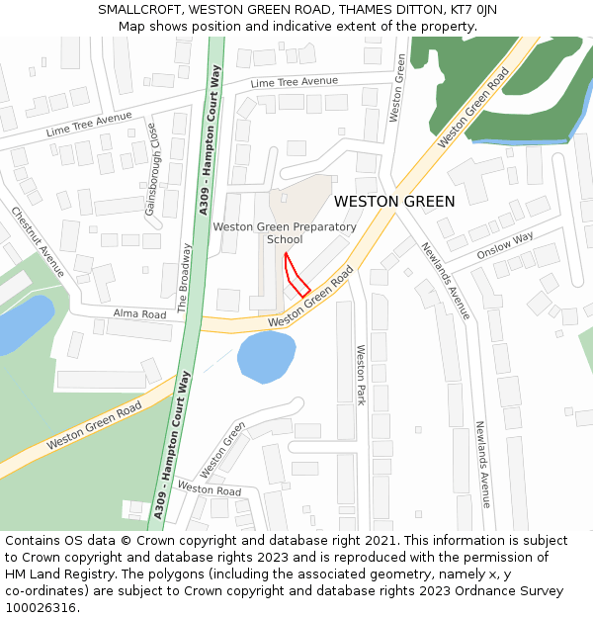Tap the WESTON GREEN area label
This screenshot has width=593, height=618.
(394, 202)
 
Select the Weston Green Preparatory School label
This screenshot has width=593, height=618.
(285, 233)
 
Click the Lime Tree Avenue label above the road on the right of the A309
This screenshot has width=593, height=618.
(294, 81)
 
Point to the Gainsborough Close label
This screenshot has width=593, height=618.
(151, 169)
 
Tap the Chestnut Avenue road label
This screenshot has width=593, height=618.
(38, 241)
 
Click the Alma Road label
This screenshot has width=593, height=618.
(139, 314)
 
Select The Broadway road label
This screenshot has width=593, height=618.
(183, 278)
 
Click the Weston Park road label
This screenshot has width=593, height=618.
(361, 375)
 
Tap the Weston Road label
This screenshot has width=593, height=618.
(209, 489)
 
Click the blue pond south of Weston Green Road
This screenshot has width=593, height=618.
(266, 356)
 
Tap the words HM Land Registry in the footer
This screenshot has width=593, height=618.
(55, 574)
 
